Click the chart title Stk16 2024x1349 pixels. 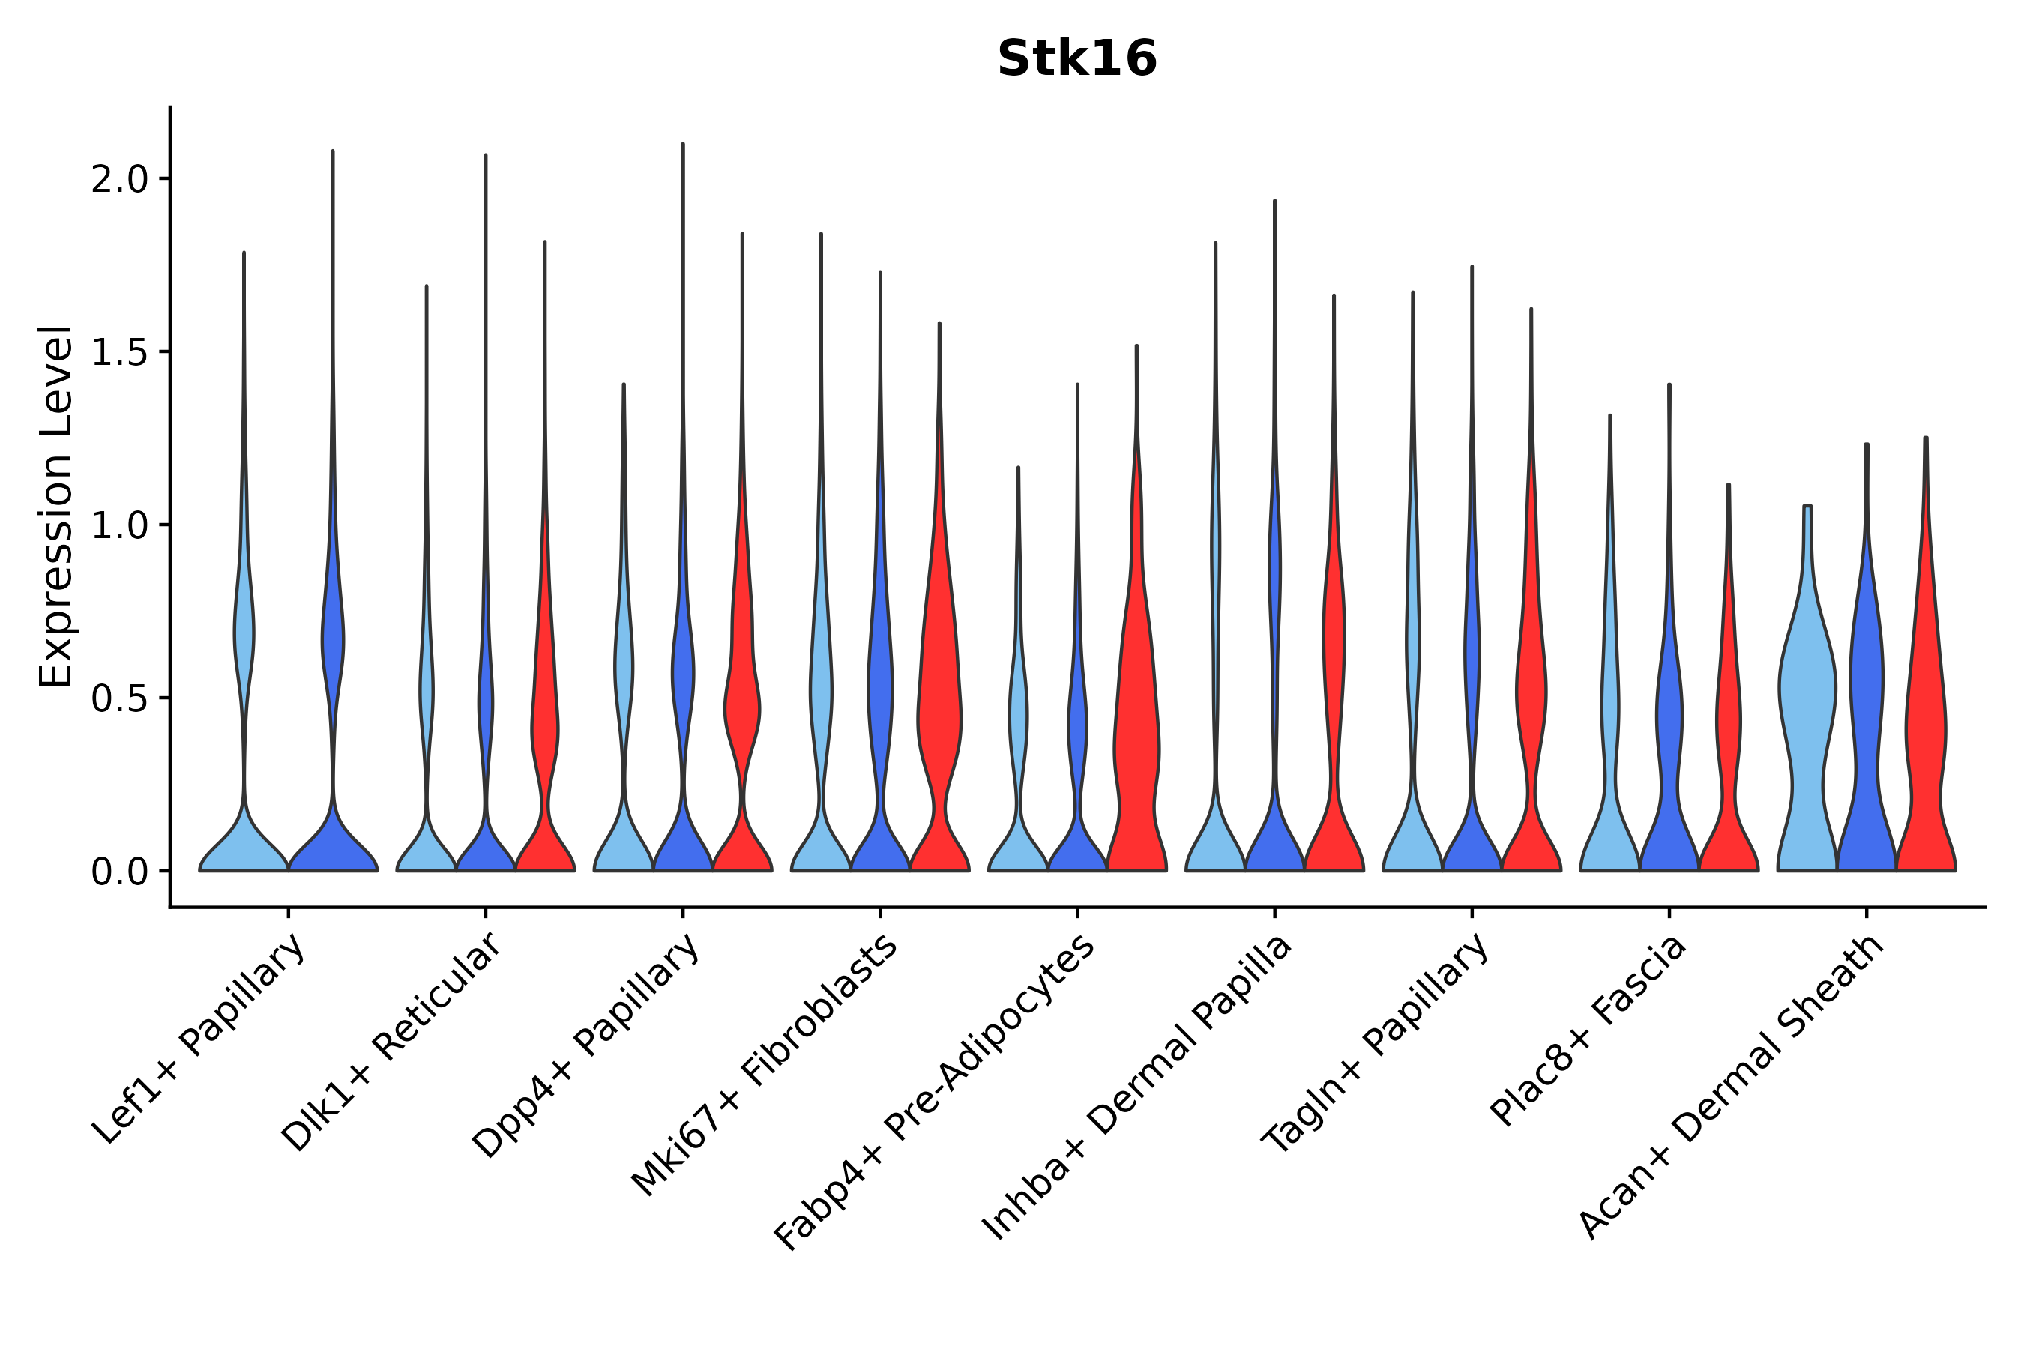click(x=1076, y=59)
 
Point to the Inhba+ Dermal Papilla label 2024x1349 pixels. click(x=1136, y=1087)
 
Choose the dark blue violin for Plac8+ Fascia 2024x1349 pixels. click(x=1669, y=731)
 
